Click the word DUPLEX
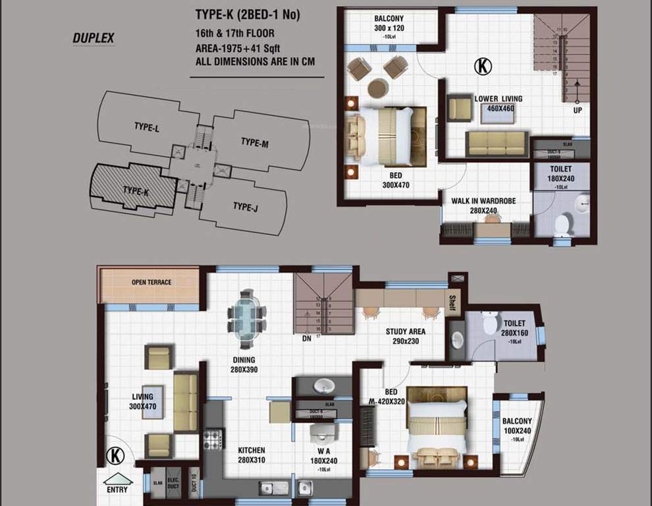coord(93,38)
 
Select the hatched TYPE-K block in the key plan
coord(134,190)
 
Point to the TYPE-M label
coord(254,142)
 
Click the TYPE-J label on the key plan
coord(244,207)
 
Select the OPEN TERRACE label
coord(151,283)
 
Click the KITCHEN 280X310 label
coord(251,455)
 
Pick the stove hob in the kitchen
coord(213,439)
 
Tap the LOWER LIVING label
coord(498,99)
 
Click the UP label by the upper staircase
coord(578,110)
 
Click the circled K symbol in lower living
coord(483,66)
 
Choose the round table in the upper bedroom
coord(377,88)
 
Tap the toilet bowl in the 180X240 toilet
coord(562,225)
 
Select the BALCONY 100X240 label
coord(517,426)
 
